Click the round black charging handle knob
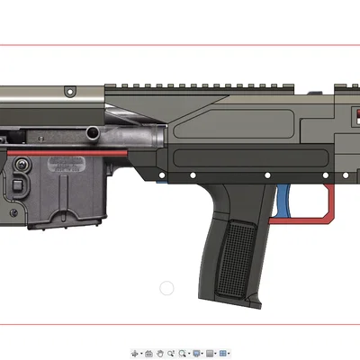tap(93, 133)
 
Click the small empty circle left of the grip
tap(166, 288)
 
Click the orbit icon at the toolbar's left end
tap(136, 354)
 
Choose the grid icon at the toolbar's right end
tap(222, 354)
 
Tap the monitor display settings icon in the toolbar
tap(195, 354)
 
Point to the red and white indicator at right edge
tap(353, 118)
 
